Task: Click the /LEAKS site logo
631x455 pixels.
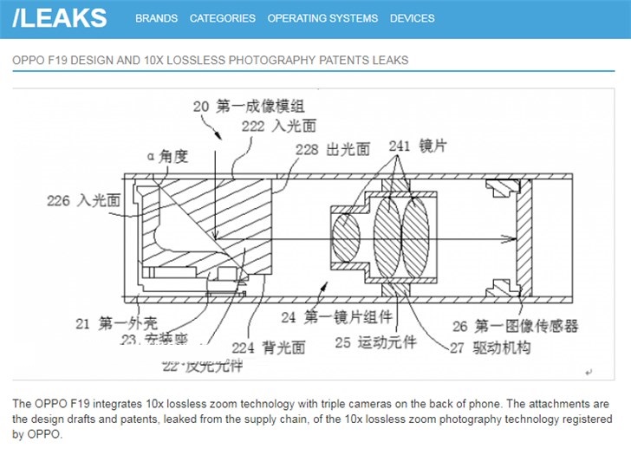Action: tap(61, 17)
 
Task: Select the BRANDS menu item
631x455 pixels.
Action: tap(156, 18)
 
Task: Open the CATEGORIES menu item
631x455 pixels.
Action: tap(223, 18)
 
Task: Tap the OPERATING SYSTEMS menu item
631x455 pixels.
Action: tap(322, 18)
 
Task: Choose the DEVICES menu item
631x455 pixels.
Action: tap(413, 18)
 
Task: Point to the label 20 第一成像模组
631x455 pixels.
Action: tap(248, 107)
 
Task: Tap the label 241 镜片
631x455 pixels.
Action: tap(417, 145)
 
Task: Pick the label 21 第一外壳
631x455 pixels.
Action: tap(107, 324)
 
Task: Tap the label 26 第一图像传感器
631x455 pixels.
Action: tap(515, 326)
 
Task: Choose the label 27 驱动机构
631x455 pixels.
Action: tap(491, 348)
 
